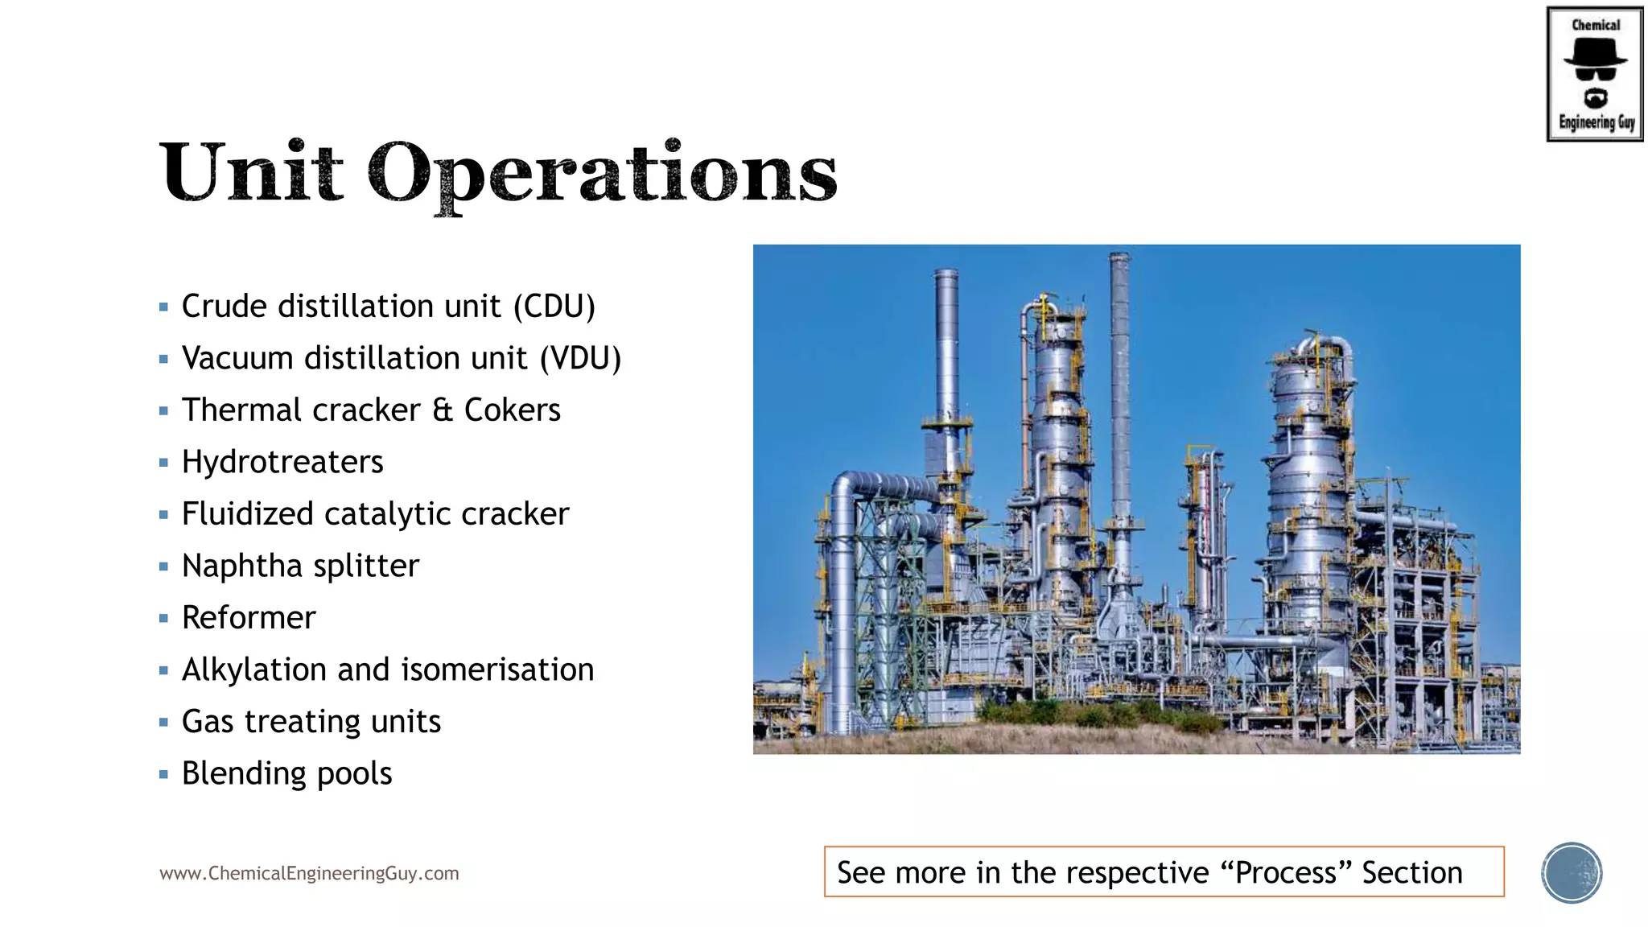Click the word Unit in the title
coord(252,171)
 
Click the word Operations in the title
coord(602,173)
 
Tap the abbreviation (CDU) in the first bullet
coord(554,307)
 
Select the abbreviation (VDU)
coord(580,359)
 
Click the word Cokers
coord(512,410)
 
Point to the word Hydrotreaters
coord(282,463)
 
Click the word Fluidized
coord(247,514)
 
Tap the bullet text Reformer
coord(249,618)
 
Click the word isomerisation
coord(497,670)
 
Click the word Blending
coord(243,774)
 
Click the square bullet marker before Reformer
coord(163,619)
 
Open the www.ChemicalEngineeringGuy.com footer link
coord(309,874)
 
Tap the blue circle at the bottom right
coord(1572,873)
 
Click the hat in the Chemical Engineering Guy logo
coord(1595,52)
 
